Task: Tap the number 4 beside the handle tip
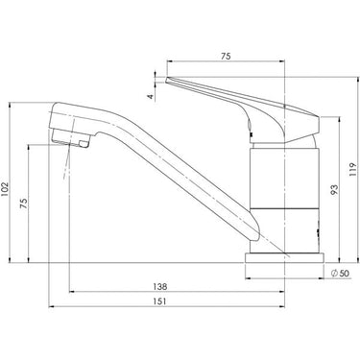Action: [150, 95]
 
